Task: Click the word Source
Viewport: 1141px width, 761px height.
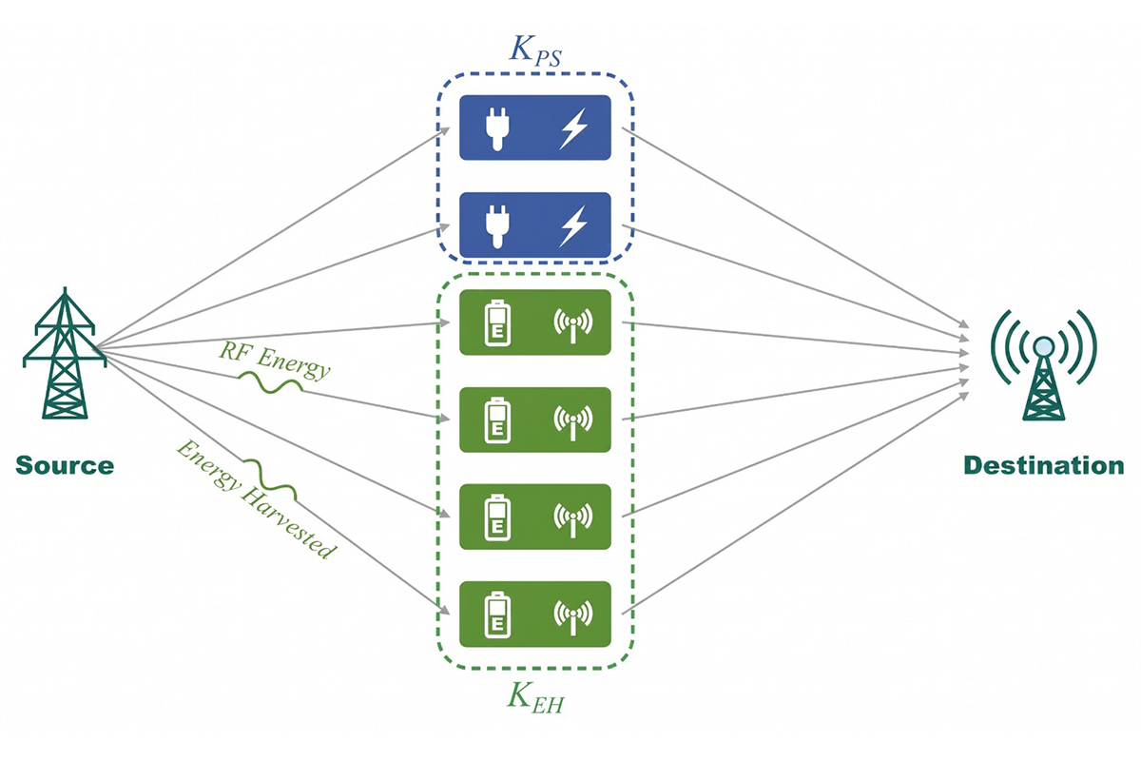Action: tap(65, 466)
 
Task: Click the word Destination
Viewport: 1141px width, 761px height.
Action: tap(1044, 466)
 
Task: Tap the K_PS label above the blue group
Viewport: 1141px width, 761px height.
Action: tap(535, 51)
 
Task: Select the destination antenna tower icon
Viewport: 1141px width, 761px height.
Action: tap(1044, 364)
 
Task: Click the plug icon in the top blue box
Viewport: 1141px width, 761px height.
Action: tap(497, 127)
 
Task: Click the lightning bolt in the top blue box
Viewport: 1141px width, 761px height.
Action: tap(573, 128)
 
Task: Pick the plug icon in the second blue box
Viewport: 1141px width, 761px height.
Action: tap(497, 225)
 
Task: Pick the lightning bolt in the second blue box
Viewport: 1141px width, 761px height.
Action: tap(573, 225)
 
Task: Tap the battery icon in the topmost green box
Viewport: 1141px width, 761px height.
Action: tap(497, 323)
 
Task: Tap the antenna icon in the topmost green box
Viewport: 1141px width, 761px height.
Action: tap(573, 324)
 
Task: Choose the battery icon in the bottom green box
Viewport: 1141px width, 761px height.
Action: tap(497, 615)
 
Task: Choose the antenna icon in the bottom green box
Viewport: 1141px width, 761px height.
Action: tap(573, 616)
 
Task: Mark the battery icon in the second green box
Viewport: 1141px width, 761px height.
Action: tap(497, 420)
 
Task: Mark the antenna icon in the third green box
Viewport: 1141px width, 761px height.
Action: tap(573, 519)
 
